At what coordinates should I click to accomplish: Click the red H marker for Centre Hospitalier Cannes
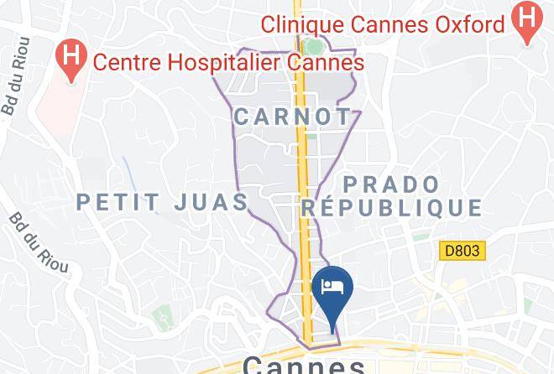click(x=71, y=59)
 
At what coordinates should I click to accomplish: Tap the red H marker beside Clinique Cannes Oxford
click(x=527, y=20)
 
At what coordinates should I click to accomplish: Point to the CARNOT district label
click(x=292, y=117)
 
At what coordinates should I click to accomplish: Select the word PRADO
click(x=391, y=184)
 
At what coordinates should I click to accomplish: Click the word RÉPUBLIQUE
click(x=393, y=207)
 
